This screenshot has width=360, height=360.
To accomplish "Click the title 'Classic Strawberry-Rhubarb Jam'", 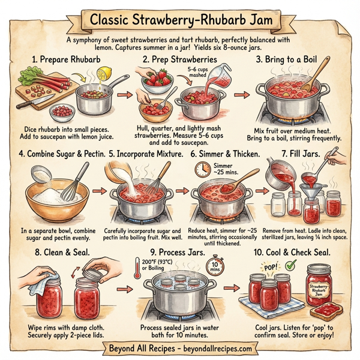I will (180, 20).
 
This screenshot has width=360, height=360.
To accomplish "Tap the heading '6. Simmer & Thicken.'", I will (225, 154).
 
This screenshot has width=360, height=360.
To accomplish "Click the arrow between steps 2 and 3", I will (239, 95).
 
